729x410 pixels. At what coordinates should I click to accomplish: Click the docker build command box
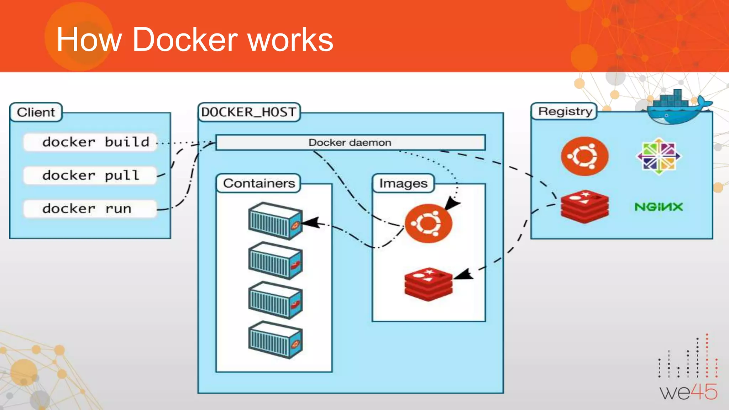pos(90,142)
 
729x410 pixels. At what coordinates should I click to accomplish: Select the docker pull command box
pos(90,175)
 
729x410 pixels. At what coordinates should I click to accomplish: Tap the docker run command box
pos(90,209)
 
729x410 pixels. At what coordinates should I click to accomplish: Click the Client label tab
pos(36,112)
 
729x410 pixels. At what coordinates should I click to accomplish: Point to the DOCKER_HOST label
pos(249,112)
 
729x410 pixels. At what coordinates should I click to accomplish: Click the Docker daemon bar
pos(350,143)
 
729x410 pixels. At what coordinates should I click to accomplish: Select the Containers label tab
pos(259,183)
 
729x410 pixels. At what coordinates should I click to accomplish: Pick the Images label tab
pos(403,183)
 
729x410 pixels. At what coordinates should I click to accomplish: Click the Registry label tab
pos(565,111)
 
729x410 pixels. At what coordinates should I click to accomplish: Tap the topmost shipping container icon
pos(275,221)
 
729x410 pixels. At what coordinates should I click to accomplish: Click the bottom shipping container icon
pos(275,340)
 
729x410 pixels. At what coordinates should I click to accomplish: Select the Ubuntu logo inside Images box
pos(429,224)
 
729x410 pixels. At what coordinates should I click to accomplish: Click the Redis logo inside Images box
pos(428,284)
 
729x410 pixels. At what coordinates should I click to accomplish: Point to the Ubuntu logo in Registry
pos(584,156)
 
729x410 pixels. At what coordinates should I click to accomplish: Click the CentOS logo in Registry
pos(659,156)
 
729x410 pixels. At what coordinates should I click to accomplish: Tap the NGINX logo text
pos(659,207)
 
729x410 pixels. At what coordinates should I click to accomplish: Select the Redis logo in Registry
pos(584,206)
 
